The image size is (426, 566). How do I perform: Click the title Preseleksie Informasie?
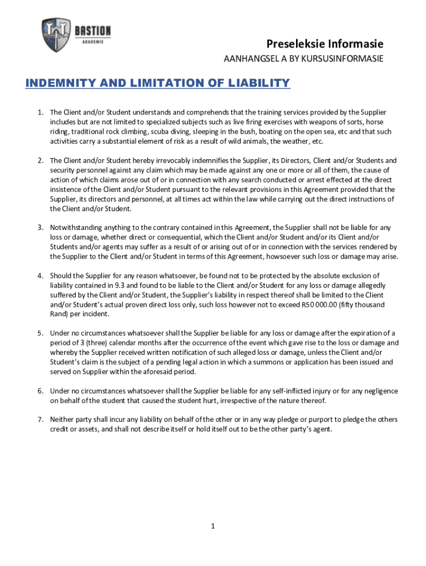pos(325,44)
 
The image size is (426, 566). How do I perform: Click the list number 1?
pos(40,113)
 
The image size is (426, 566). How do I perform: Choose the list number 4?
pos(40,276)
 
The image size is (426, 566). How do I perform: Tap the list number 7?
pos(40,420)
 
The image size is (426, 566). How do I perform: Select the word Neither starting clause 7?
pos(61,420)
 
